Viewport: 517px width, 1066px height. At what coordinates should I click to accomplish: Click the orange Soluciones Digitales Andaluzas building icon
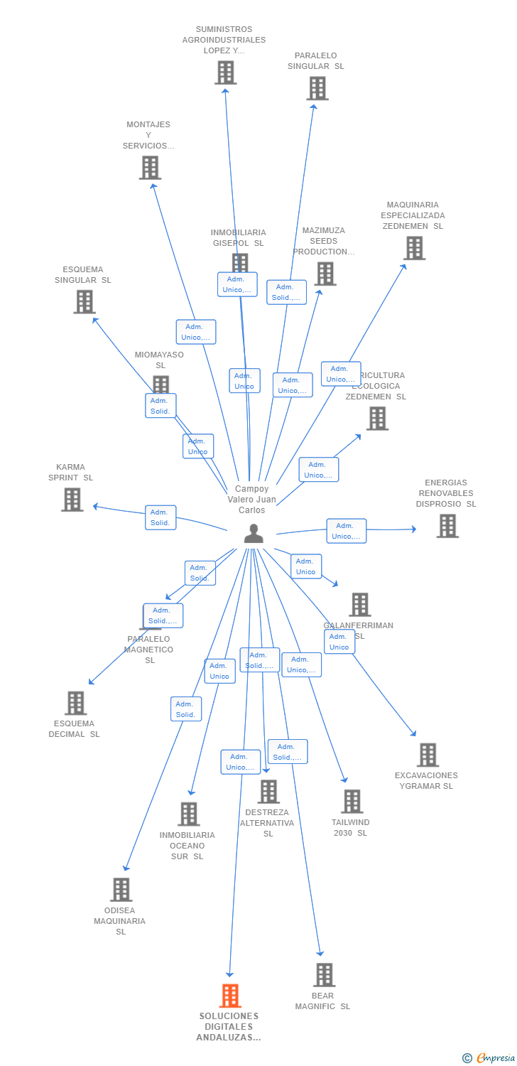pos(230,996)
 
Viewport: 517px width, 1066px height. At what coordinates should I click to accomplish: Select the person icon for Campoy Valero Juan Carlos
pos(254,533)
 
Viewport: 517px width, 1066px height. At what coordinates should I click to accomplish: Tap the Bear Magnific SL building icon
pos(325,975)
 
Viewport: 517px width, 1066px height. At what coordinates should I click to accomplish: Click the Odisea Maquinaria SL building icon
pos(121,890)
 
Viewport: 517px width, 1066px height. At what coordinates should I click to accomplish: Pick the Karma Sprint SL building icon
pos(72,500)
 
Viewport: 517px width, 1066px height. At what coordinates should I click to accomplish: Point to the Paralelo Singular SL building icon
pos(317,88)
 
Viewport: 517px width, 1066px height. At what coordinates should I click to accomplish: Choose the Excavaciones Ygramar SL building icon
pos(428,755)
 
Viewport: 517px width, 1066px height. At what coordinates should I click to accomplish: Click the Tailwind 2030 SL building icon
pos(352,802)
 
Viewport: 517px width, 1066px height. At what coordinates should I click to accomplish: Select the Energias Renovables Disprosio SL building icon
pos(447,526)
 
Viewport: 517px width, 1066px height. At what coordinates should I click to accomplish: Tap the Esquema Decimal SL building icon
pos(75,703)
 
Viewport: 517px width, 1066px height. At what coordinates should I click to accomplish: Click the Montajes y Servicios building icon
pos(150,168)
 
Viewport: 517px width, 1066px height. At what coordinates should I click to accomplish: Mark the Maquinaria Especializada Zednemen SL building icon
pos(414,248)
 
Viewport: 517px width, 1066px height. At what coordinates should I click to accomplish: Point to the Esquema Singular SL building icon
pos(85,301)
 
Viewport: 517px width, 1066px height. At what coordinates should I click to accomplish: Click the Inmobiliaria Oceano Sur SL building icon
pos(188,814)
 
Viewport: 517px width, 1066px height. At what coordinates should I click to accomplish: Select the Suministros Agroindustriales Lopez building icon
pos(225,72)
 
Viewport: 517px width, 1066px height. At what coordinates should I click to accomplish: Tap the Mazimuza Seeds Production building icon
pos(325,274)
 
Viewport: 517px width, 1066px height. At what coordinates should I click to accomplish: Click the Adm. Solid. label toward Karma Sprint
pos(160,517)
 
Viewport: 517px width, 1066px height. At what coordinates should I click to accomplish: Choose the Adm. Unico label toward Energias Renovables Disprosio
pos(347,531)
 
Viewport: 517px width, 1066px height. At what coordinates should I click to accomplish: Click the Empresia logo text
pos(495,1058)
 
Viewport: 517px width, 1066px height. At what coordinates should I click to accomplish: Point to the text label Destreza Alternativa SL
pos(267,823)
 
